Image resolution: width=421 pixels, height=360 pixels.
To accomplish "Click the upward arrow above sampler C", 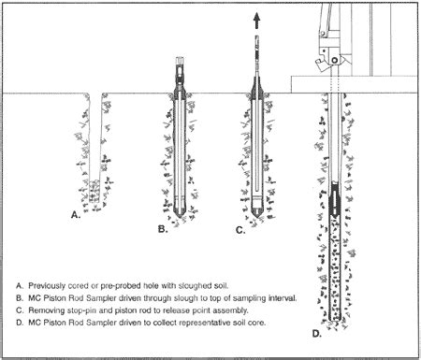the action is click(x=256, y=21).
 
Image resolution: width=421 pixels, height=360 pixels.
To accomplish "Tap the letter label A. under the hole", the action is click(x=76, y=214).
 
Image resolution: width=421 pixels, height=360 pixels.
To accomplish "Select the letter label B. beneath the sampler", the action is click(x=163, y=229).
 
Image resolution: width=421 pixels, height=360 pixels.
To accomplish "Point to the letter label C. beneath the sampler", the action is click(x=240, y=230).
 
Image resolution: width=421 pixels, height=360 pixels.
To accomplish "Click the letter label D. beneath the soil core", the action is click(x=316, y=334).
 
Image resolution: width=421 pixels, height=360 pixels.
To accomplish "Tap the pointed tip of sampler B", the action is click(x=180, y=217).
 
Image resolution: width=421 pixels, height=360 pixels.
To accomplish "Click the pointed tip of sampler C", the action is click(x=256, y=217).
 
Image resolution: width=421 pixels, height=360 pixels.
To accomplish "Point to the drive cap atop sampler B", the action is click(x=180, y=61).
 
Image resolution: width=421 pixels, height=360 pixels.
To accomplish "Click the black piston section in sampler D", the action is click(x=335, y=199).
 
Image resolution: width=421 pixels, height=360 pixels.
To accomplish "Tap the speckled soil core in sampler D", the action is click(x=335, y=269).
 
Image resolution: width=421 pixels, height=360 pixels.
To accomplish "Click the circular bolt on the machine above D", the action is click(x=335, y=60).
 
